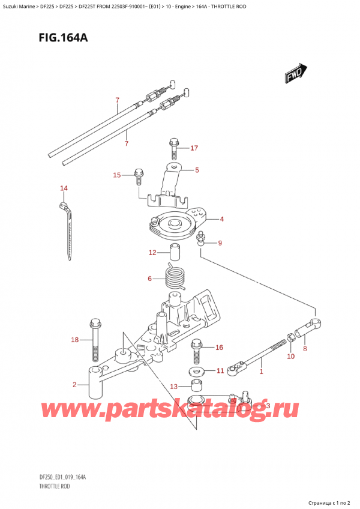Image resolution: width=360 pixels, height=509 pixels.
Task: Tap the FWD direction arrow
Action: pyautogui.click(x=293, y=74)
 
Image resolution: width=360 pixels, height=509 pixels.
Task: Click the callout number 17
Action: pyautogui.click(x=194, y=148)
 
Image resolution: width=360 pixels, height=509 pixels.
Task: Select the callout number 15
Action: pyautogui.click(x=117, y=175)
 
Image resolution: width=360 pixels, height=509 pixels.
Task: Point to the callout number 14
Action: pyautogui.click(x=64, y=188)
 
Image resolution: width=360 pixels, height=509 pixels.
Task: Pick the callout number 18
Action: pyautogui.click(x=74, y=340)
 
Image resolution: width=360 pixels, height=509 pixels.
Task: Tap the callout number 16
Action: pyautogui.click(x=218, y=347)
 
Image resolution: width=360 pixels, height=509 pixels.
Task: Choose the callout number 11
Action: pyautogui.click(x=220, y=371)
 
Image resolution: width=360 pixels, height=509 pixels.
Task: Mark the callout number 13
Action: pyautogui.click(x=174, y=386)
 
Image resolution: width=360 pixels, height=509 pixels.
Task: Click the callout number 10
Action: pyautogui.click(x=290, y=357)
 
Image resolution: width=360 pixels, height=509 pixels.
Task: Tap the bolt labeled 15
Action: pyautogui.click(x=139, y=176)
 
